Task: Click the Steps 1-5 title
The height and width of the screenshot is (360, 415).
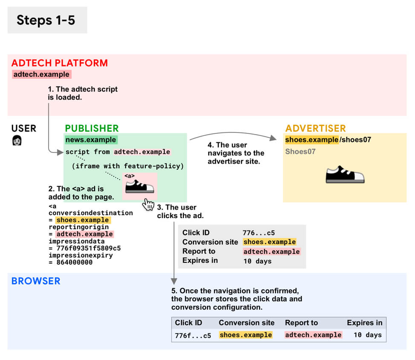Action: tap(46, 20)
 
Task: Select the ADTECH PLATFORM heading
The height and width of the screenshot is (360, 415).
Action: tap(60, 63)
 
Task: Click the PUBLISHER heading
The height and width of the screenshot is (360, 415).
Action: tap(92, 128)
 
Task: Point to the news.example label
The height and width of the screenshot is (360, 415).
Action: tap(90, 140)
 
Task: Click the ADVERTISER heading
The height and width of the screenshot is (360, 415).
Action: tap(315, 128)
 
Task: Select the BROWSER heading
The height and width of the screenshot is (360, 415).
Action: tap(36, 281)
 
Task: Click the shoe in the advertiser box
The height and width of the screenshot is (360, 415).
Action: tap(345, 174)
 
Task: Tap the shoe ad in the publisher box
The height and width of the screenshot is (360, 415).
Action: tap(140, 186)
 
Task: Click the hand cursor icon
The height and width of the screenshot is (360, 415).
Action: tap(148, 204)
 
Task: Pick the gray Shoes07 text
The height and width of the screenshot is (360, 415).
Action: tap(300, 151)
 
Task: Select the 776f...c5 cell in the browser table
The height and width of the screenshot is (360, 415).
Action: tap(193, 335)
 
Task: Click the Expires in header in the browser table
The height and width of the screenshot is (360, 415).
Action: tap(364, 323)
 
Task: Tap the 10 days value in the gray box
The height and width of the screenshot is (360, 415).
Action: tap(257, 261)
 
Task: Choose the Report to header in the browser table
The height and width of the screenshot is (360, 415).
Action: tap(301, 323)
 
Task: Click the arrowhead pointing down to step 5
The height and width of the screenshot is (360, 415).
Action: tap(173, 281)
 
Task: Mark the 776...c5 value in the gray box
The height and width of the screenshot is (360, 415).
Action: tap(258, 233)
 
